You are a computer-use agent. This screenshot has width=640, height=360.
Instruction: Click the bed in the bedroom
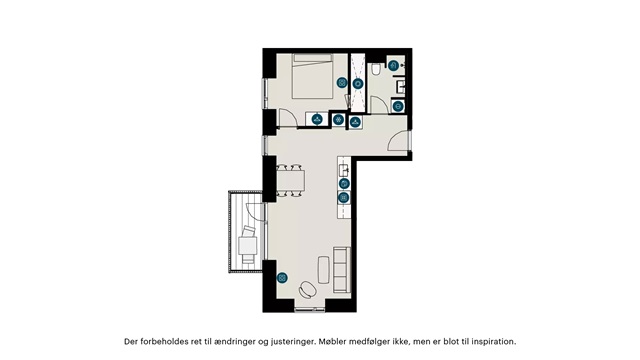[312, 76]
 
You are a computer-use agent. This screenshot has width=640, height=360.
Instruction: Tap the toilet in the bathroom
[376, 69]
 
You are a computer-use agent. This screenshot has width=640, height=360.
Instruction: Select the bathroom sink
[400, 87]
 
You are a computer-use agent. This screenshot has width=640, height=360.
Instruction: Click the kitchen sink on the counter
[344, 169]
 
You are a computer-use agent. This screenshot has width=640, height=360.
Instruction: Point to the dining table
[291, 180]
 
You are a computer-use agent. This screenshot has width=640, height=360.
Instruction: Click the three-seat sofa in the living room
[342, 269]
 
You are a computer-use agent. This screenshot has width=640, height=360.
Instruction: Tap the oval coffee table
[324, 269]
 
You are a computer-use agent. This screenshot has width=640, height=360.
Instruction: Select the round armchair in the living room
[307, 290]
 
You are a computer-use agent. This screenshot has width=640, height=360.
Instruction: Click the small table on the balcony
[248, 246]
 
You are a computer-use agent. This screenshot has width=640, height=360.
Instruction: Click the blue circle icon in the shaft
[358, 84]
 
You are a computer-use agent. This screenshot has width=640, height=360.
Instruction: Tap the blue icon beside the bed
[342, 83]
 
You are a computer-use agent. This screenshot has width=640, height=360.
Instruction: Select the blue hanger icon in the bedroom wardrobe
[317, 120]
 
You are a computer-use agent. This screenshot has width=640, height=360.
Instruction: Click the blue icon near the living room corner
[282, 278]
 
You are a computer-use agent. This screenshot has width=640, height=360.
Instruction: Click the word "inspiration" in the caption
[493, 341]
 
